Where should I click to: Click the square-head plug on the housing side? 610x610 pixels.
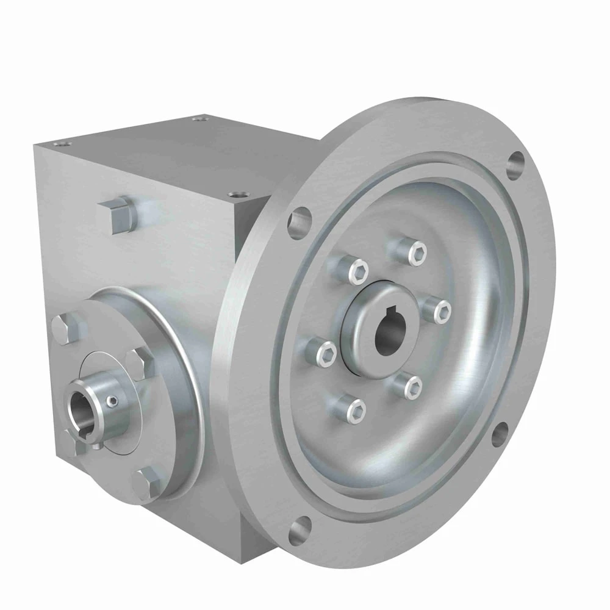point(120,214)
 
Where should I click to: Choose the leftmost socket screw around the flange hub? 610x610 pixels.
point(327,353)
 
